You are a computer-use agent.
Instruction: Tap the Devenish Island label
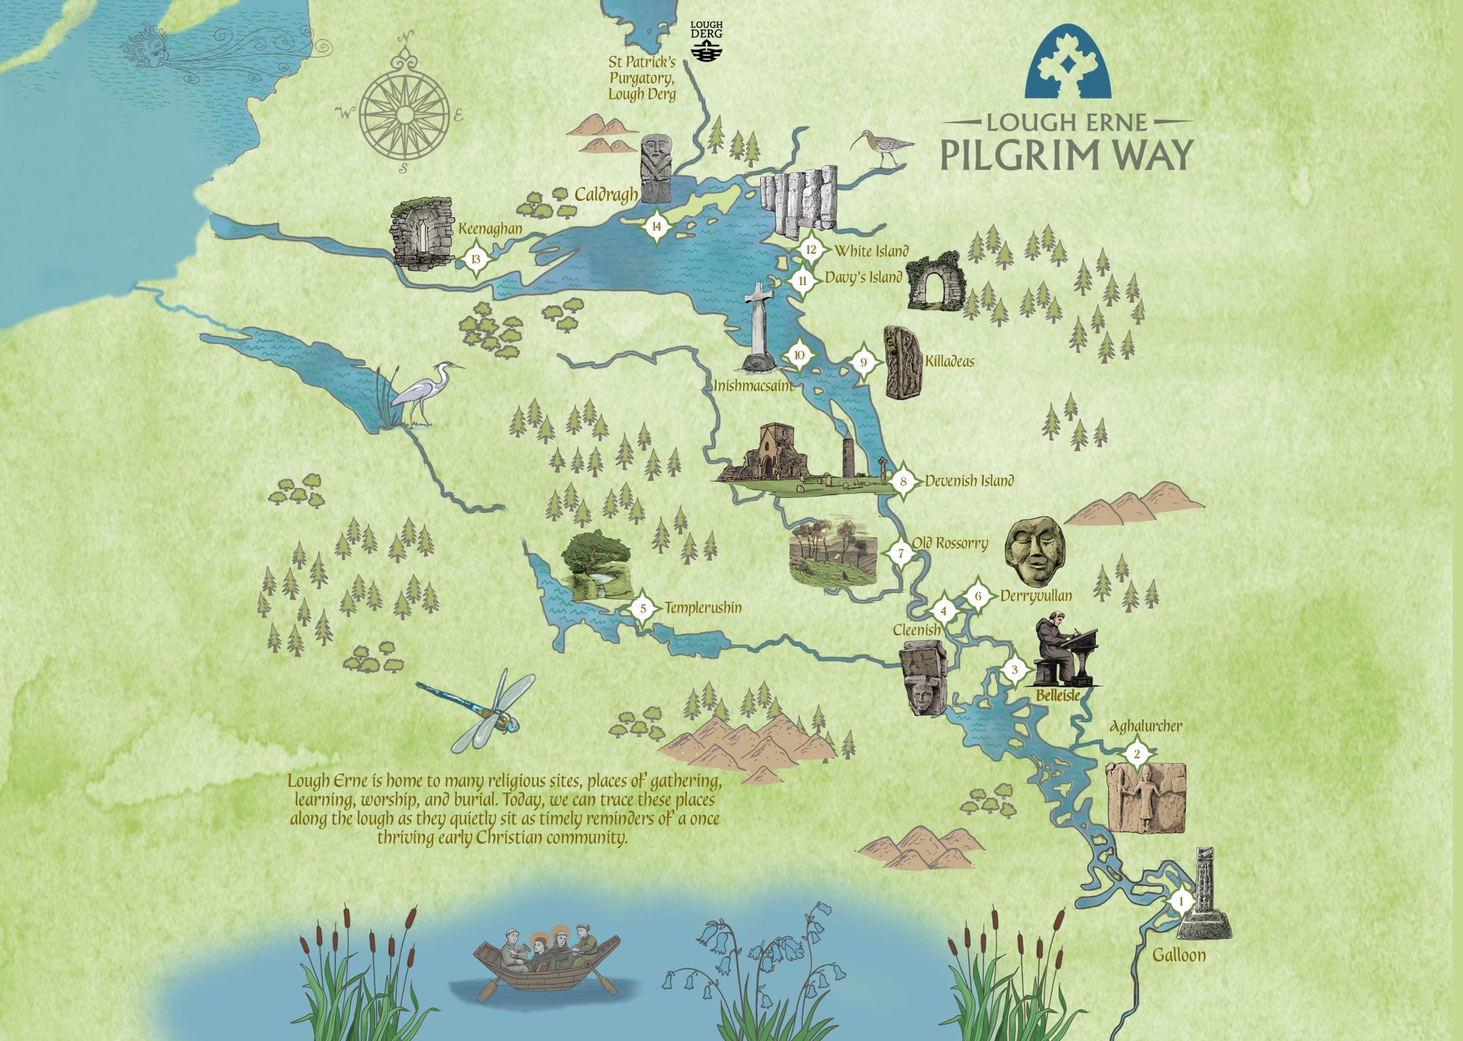pyautogui.click(x=969, y=481)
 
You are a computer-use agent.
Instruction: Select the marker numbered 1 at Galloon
pyautogui.click(x=1181, y=902)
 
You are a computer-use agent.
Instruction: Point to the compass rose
pyautogui.click(x=404, y=114)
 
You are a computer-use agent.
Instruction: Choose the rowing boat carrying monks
pyautogui.click(x=546, y=960)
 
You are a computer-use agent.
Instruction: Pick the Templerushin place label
pyautogui.click(x=703, y=608)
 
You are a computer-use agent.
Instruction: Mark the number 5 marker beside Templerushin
pyautogui.click(x=643, y=609)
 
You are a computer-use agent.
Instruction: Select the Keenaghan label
pyautogui.click(x=490, y=229)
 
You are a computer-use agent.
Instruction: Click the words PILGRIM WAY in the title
pyautogui.click(x=1067, y=155)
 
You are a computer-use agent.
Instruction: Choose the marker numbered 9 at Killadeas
pyautogui.click(x=864, y=362)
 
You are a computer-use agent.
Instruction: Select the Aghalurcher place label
pyautogui.click(x=1145, y=727)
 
